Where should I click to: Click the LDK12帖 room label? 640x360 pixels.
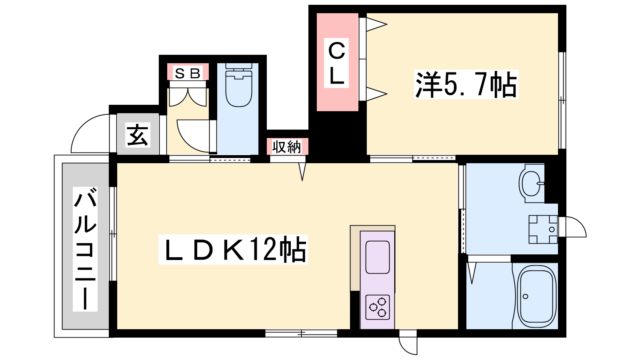point(233,249)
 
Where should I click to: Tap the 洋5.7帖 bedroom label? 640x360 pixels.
point(466,84)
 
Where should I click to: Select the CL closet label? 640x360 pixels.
point(336,63)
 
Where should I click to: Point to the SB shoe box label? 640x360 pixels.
point(188,73)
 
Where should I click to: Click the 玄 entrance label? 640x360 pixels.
point(138,135)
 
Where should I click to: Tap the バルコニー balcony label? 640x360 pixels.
point(85,249)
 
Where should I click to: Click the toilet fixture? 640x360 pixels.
point(238,85)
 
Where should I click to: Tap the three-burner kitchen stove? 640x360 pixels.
point(378,307)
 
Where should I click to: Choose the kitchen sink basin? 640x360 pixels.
point(378,257)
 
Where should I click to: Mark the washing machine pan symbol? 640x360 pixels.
point(543,230)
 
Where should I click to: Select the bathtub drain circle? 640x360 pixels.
point(525,296)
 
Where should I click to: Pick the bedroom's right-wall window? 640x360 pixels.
point(562,100)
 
